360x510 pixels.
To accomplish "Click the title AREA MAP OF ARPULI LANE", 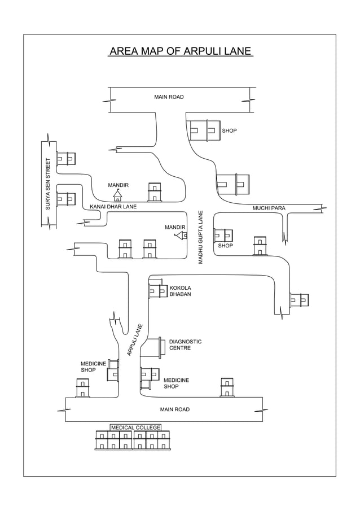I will click(180, 51).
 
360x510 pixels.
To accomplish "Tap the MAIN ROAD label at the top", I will click(169, 97).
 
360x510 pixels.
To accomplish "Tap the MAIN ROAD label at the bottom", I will click(174, 409).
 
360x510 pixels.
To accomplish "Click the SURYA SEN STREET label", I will click(48, 184).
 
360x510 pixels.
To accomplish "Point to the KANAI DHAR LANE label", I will click(113, 207).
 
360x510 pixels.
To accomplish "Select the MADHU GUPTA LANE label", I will click(200, 237).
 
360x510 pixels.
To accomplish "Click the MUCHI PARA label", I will click(269, 208).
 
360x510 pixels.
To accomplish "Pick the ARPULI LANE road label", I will click(135, 339).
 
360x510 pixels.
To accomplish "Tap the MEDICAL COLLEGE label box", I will click(135, 428).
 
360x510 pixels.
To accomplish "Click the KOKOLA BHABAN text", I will click(180, 291).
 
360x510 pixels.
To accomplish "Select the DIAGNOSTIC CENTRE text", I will click(185, 345).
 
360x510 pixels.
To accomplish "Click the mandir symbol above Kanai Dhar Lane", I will click(117, 195).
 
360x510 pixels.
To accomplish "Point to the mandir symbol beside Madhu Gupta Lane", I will click(182, 235).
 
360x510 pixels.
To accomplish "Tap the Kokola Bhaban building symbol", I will click(157, 290).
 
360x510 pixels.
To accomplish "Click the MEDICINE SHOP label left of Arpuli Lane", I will click(93, 367).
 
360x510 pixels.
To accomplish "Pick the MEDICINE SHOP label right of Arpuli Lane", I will click(176, 383).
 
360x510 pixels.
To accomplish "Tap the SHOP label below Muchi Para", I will click(225, 246).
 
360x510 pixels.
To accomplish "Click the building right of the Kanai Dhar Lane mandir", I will click(154, 192).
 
